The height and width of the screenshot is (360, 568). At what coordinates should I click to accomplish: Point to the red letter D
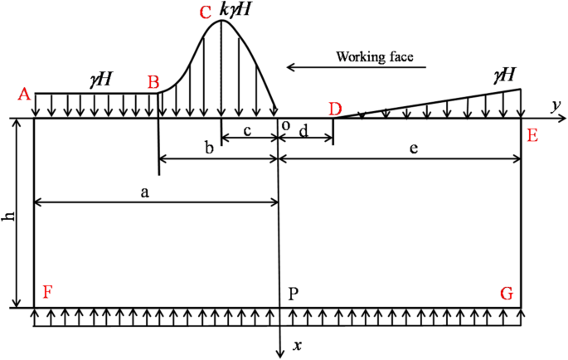tap(335, 109)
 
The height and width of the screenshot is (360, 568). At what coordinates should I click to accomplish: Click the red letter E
tap(532, 135)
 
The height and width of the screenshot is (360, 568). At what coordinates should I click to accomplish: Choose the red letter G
tap(507, 293)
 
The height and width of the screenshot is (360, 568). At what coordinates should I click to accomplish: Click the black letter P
tap(294, 293)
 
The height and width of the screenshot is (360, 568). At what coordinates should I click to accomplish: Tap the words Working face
tap(380, 57)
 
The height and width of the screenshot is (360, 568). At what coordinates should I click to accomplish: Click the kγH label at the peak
tap(235, 12)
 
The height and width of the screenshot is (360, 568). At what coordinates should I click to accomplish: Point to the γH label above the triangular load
tap(504, 75)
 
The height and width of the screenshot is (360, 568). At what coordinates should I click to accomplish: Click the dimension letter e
tap(412, 148)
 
